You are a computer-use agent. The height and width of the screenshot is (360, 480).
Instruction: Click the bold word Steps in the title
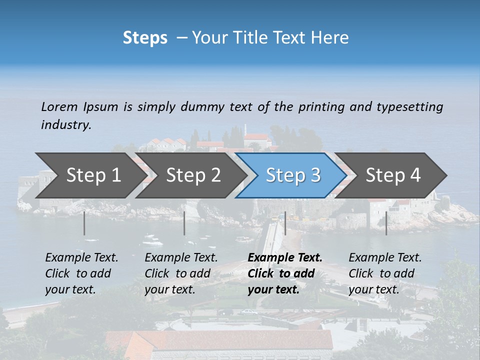coord(145,38)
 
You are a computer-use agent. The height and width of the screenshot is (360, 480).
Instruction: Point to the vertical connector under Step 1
coord(84,223)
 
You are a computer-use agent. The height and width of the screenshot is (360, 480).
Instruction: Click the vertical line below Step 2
coord(184,223)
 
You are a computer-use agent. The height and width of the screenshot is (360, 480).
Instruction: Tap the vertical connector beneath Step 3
coord(285,223)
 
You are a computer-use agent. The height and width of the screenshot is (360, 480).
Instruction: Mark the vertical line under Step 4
coord(386,223)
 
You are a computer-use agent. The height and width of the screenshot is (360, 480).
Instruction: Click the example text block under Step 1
coord(81,273)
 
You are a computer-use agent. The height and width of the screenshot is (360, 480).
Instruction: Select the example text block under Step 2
coord(181,273)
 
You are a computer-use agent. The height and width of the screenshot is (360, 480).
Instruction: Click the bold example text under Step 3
coord(285,273)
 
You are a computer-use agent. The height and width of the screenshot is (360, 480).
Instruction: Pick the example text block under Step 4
coord(385,273)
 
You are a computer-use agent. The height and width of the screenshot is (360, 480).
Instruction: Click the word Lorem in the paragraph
coord(59,106)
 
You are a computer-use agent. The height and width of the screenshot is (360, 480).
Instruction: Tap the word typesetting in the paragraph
coord(409,106)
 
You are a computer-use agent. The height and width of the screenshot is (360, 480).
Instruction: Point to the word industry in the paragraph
coord(65,125)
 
